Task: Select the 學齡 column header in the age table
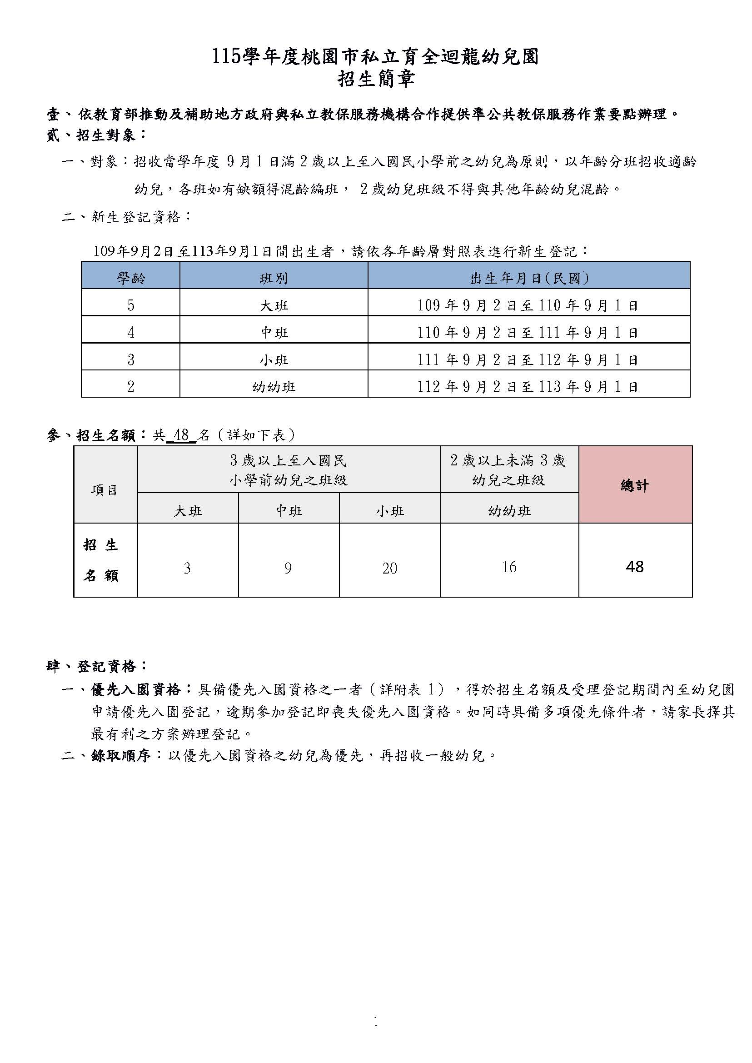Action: (x=130, y=278)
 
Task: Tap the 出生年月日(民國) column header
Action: (x=529, y=278)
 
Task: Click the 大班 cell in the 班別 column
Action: (x=274, y=306)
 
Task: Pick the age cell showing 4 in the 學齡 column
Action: (x=130, y=333)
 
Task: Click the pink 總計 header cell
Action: (x=635, y=485)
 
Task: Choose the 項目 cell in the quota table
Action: (x=105, y=490)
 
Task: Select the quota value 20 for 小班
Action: (x=389, y=569)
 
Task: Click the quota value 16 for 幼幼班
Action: (x=509, y=567)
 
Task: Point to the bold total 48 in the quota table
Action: (x=634, y=567)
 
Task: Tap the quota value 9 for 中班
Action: (x=288, y=569)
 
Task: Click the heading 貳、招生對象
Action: (x=96, y=135)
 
